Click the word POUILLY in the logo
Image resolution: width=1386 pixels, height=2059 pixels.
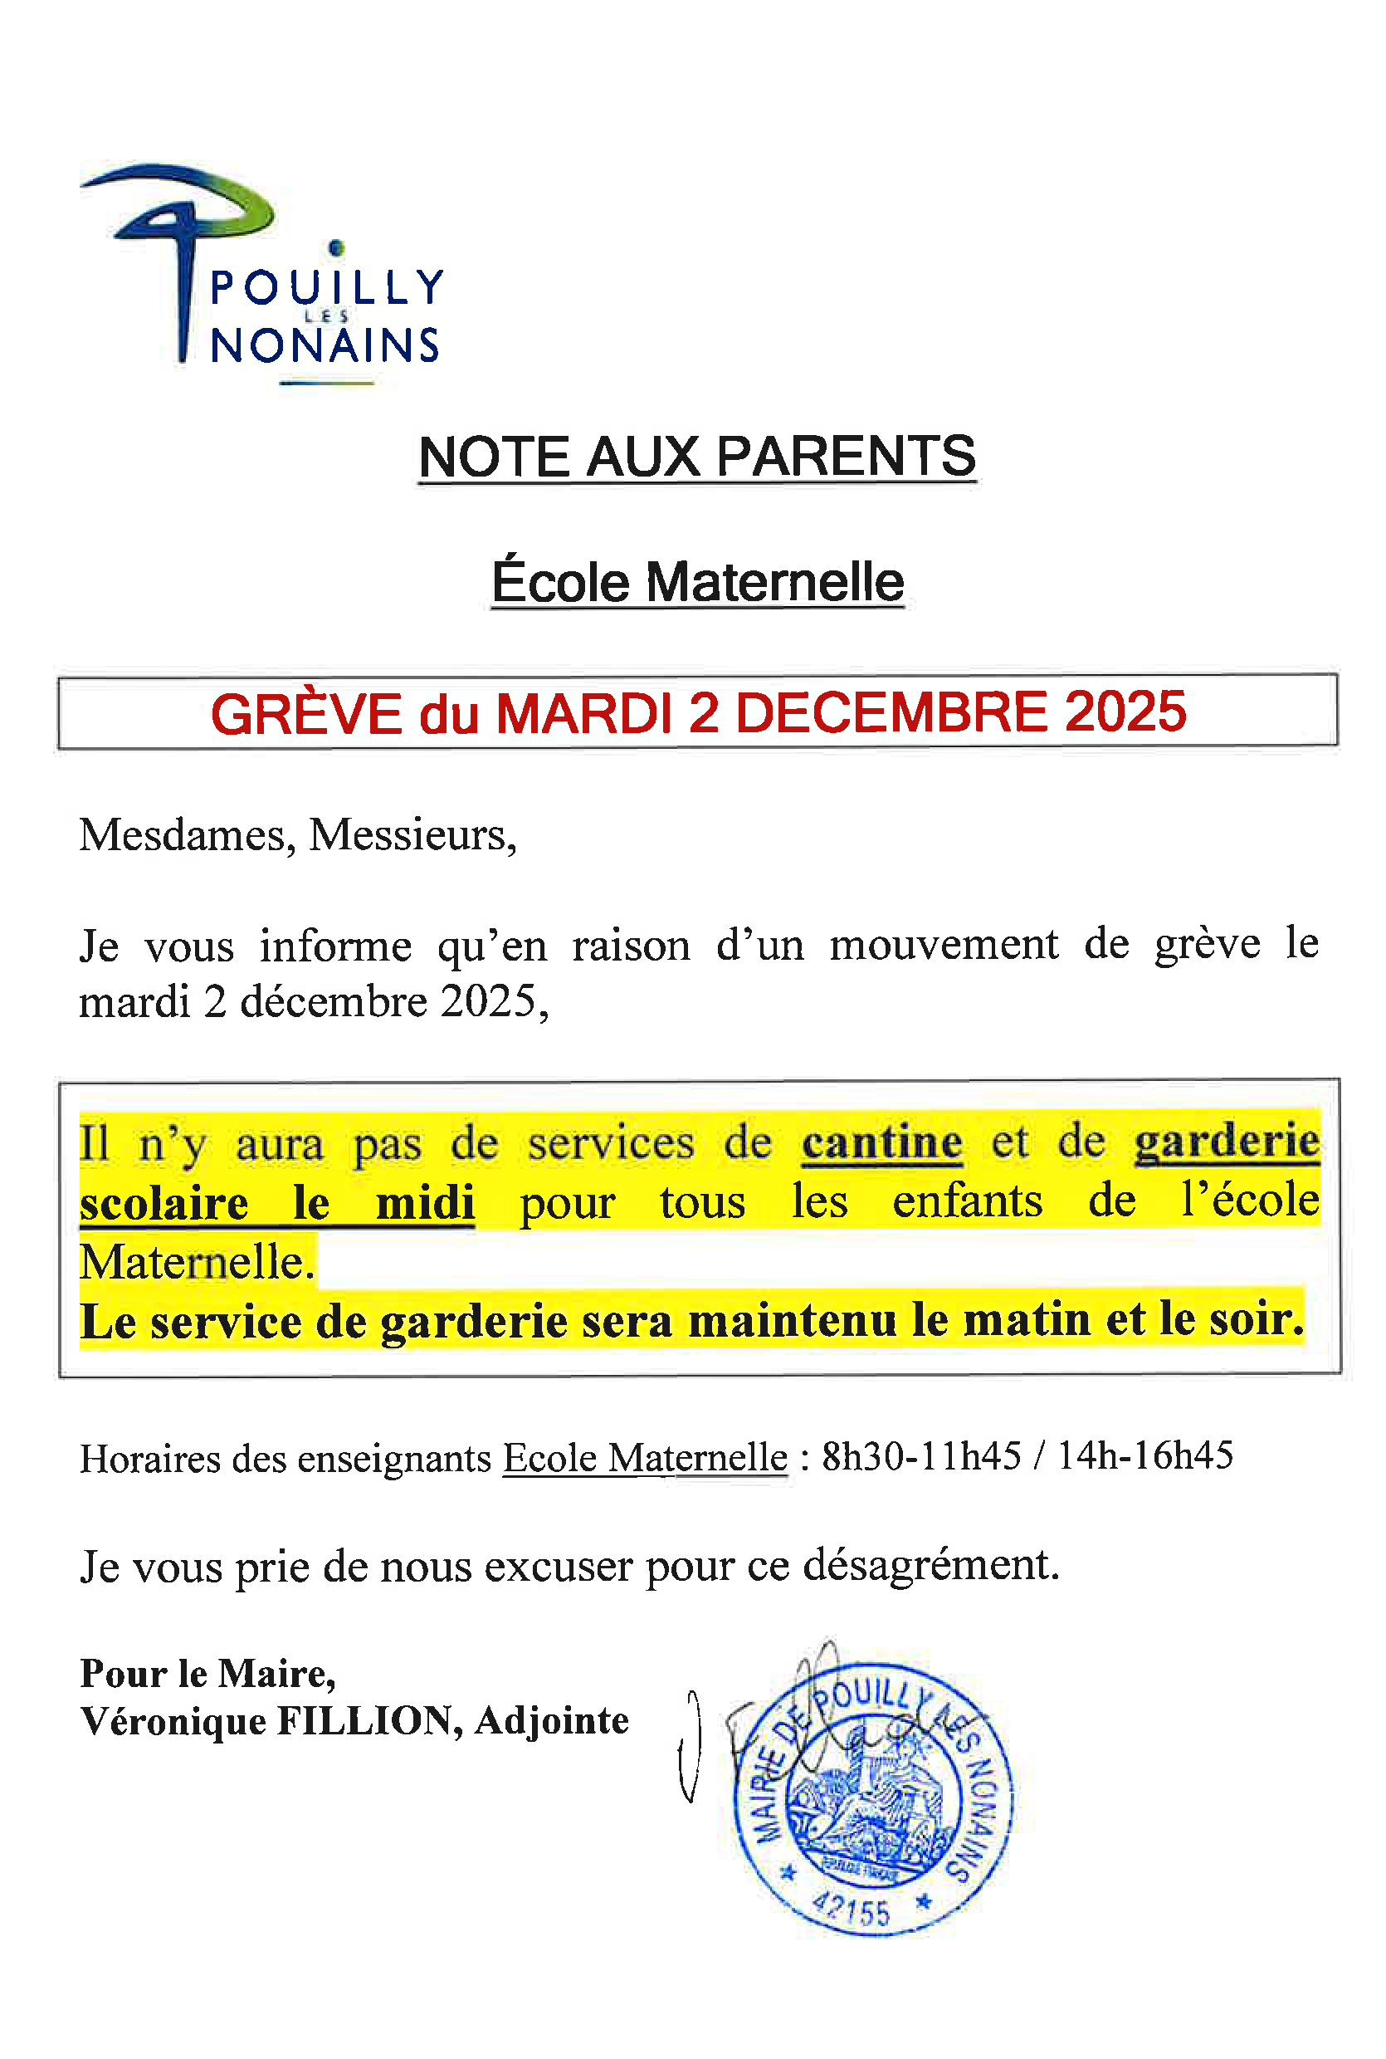[326, 287]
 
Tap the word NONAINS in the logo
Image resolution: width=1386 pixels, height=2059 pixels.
[325, 345]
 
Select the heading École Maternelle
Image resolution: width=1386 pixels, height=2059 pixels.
[697, 582]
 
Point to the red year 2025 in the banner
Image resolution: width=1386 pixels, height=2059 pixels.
[1125, 711]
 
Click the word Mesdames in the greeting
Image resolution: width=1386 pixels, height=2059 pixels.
[187, 834]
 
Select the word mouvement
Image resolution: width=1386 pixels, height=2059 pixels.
[943, 944]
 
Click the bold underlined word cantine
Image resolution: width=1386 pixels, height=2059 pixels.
[881, 1142]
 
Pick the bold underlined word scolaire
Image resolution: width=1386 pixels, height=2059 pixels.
[163, 1204]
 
